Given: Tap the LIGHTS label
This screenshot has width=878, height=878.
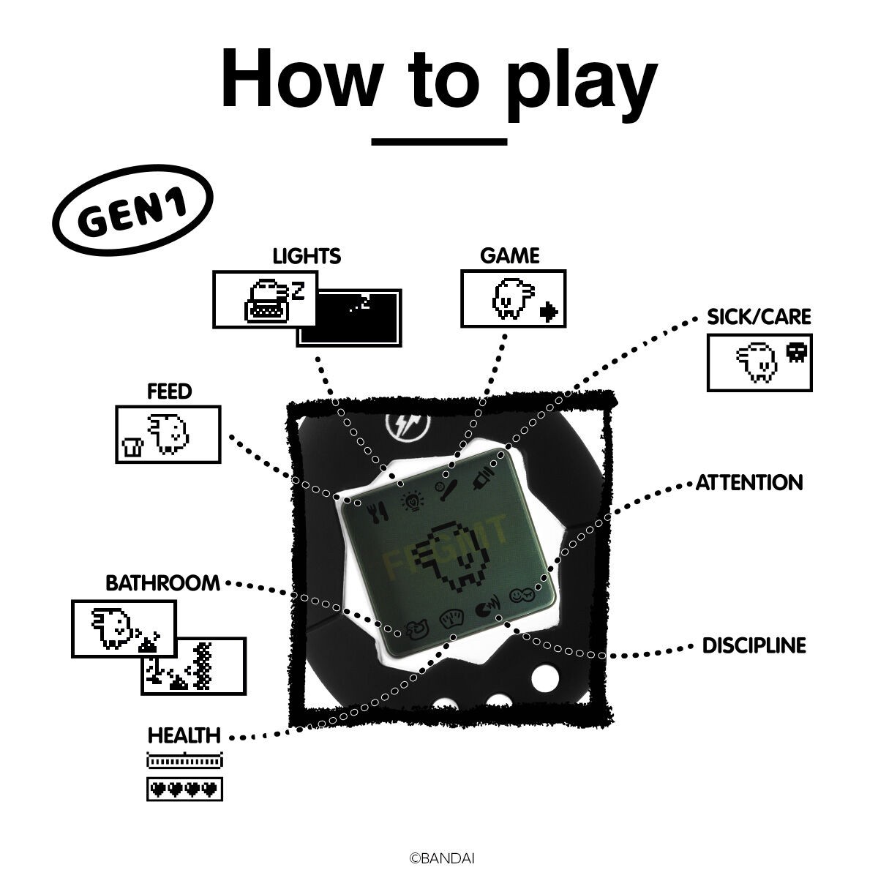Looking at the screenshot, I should [307, 256].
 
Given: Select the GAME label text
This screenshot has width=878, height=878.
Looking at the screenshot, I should [509, 256].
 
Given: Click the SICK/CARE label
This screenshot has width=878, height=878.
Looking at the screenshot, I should [759, 317].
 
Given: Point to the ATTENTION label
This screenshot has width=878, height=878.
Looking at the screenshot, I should [749, 483].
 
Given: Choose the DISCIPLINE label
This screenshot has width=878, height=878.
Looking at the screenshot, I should [754, 645].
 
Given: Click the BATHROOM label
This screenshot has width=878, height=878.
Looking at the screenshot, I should [162, 583].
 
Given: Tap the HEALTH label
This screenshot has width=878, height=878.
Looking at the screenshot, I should [184, 735].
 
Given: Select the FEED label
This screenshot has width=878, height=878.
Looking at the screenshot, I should [169, 391].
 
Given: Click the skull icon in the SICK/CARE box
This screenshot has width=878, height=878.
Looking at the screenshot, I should [795, 353].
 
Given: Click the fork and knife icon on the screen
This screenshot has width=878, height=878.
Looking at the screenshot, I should [378, 511].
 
